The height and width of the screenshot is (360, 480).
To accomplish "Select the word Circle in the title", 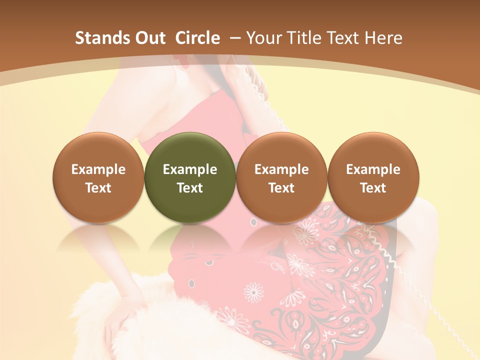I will pos(197,38).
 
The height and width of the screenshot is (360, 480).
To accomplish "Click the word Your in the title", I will pos(263,38).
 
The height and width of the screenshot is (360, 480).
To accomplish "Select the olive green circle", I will pos(190,177).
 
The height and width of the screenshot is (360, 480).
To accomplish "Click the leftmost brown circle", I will pos(98,177).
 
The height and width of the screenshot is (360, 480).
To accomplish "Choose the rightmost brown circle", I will pos(373,177).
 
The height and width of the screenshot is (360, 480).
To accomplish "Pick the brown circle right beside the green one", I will pos(281,177).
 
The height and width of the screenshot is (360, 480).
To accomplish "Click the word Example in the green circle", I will pos(190,169).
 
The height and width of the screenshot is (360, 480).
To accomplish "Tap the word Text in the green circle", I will pos(190,188).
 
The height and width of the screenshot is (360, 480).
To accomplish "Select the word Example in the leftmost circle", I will pos(98,169).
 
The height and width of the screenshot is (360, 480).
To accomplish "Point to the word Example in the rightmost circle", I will pos(373,169).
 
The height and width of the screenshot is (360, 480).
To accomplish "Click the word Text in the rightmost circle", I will pos(373,188).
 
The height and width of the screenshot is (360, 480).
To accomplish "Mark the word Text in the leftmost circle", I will pos(98,188).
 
